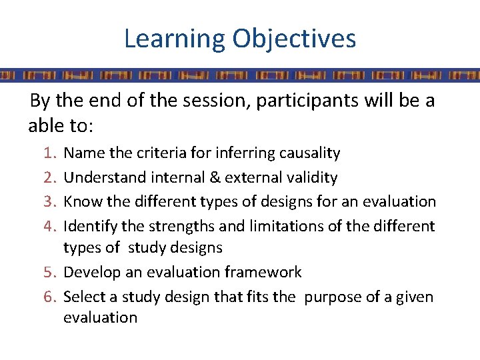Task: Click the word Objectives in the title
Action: coord(294,39)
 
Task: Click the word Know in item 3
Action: coord(80,201)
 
